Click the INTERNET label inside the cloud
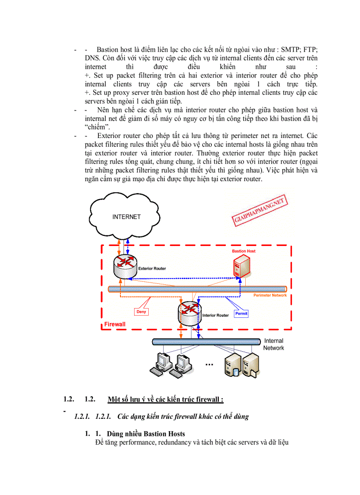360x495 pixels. [126, 217]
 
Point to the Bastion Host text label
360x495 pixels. [244, 251]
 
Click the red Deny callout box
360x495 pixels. [141, 312]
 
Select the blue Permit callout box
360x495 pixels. [241, 313]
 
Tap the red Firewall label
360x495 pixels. [115, 324]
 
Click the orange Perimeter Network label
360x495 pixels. [270, 295]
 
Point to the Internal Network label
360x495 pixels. [274, 344]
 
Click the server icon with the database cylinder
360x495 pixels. [233, 365]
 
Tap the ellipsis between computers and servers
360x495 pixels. [209, 365]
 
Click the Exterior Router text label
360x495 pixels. [152, 268]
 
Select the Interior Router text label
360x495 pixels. [215, 316]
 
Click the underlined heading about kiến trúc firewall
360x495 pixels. [165, 399]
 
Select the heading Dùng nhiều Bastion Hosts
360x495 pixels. [146, 434]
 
